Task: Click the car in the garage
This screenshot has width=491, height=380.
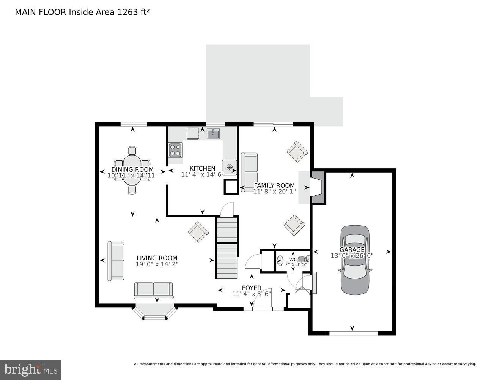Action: [355, 260]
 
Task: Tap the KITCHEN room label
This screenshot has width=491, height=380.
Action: [202, 168]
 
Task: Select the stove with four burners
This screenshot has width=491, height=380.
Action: [175, 150]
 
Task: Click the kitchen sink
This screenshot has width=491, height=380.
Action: [213, 134]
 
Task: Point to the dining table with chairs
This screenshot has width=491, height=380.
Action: [132, 170]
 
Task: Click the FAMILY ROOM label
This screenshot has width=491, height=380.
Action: [274, 185]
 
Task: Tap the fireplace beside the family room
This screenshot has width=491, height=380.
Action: [317, 187]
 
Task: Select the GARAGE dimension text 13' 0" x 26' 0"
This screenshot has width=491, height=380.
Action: [352, 256]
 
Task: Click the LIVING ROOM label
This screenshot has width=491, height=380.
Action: [157, 258]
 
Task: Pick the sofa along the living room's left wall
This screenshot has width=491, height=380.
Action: [116, 261]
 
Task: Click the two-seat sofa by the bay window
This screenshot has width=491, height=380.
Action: [153, 291]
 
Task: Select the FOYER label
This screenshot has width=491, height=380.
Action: [251, 288]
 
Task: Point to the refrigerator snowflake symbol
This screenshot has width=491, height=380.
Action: [229, 167]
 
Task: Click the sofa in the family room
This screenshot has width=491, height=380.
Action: [249, 172]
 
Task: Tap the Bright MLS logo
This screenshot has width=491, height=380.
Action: [30, 369]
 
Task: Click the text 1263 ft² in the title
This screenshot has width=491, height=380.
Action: [133, 12]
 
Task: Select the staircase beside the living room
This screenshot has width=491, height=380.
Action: [227, 247]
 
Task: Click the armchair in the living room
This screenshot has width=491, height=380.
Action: [198, 232]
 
